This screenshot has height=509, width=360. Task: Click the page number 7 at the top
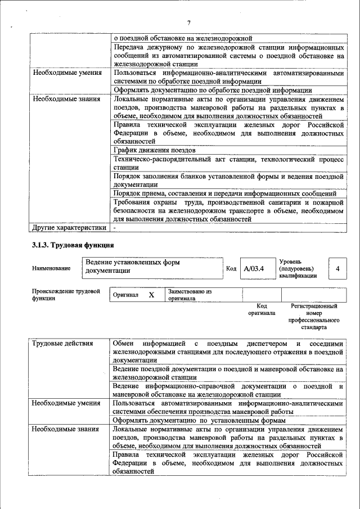(x=188, y=22)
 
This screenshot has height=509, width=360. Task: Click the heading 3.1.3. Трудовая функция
(x=73, y=245)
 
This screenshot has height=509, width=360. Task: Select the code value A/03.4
(x=254, y=269)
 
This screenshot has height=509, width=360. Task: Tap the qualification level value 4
(x=337, y=269)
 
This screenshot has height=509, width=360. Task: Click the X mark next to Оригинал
(x=151, y=295)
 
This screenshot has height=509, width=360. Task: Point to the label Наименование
(x=52, y=268)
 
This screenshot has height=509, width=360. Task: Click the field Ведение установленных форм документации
(x=152, y=266)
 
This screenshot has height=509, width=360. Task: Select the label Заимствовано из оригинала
(x=190, y=295)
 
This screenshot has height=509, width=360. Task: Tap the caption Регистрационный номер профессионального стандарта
(x=314, y=317)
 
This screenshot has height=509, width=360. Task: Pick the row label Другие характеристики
(x=69, y=228)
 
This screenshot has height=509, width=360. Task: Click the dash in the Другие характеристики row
(x=114, y=228)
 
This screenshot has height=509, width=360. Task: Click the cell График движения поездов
(x=155, y=150)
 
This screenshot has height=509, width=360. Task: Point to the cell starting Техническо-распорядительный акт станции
(x=228, y=163)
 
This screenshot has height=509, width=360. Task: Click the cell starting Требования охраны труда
(x=228, y=210)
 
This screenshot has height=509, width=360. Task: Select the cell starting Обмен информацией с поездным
(x=228, y=352)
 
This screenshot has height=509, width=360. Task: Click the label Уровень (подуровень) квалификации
(x=298, y=268)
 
